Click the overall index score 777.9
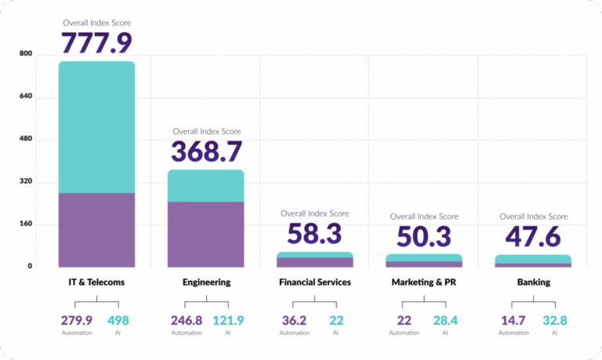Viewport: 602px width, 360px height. tap(96, 42)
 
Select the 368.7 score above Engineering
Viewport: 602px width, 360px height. tap(206, 151)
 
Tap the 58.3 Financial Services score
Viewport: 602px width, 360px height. tap(315, 233)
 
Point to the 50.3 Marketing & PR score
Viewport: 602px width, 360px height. tap(424, 235)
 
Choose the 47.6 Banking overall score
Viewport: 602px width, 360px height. tap(533, 235)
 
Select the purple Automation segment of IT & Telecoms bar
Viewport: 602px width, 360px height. tap(96, 230)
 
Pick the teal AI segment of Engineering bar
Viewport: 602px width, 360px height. tap(206, 186)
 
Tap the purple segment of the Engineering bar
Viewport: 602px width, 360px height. tap(206, 234)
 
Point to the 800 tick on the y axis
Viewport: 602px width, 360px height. tap(26, 55)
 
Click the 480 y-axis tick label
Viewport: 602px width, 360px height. tap(26, 140)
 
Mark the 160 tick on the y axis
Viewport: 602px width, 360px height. tap(26, 224)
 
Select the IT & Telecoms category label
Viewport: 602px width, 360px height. tap(96, 282)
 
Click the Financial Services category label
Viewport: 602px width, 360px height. tap(315, 282)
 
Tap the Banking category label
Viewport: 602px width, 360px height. tap(533, 282)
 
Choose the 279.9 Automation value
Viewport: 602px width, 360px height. tap(77, 320)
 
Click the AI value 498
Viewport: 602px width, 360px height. tap(118, 320)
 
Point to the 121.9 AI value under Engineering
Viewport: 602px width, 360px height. tap(228, 320)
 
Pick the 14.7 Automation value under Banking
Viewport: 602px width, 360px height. tap(514, 320)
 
